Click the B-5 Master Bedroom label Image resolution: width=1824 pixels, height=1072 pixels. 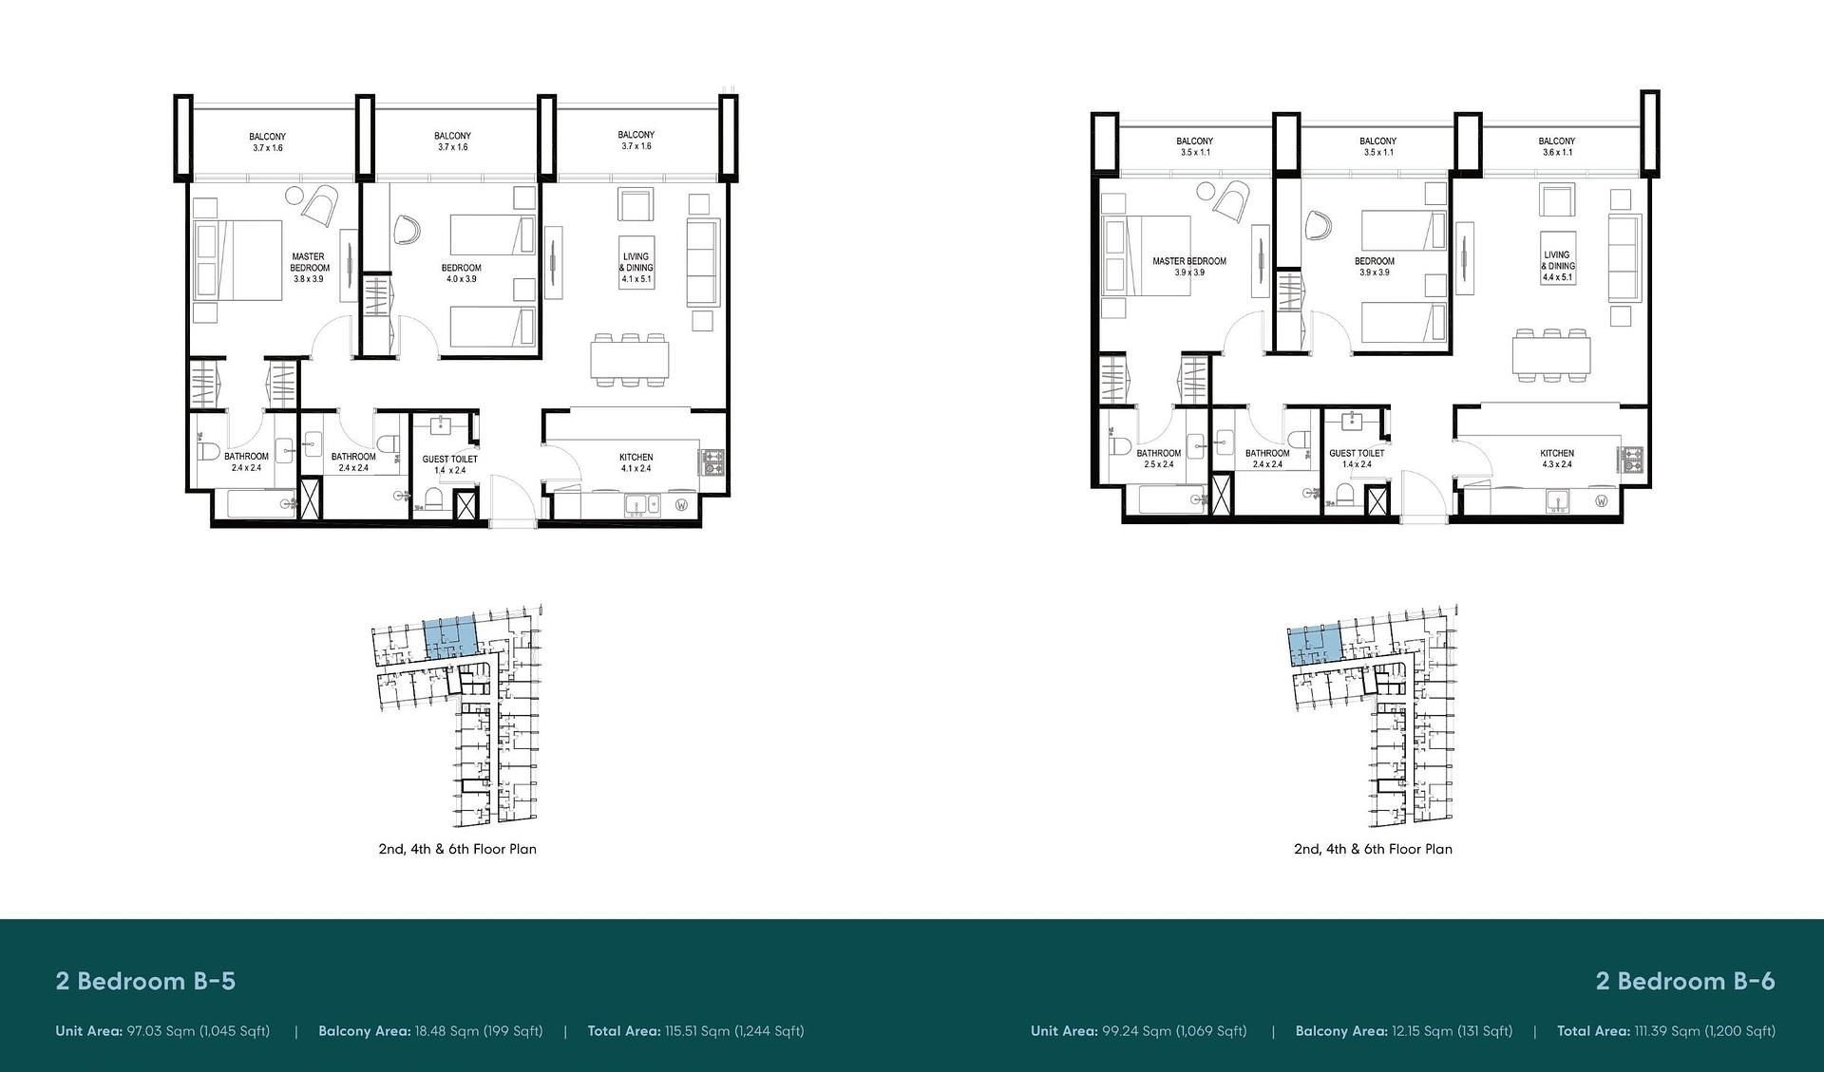(x=310, y=268)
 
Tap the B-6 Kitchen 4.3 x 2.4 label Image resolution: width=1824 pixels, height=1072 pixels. (x=1557, y=459)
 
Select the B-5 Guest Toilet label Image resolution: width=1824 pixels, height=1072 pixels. (x=450, y=464)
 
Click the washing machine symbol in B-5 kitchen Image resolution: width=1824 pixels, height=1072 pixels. (x=681, y=504)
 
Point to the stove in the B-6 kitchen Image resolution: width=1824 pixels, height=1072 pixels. (x=1633, y=460)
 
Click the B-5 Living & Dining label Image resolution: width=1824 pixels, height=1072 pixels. (x=636, y=268)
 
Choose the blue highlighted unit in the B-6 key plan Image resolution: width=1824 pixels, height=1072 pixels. (x=1314, y=646)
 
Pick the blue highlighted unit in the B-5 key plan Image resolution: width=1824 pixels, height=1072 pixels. (x=448, y=635)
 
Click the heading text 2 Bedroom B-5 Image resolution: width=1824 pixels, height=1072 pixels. (x=145, y=981)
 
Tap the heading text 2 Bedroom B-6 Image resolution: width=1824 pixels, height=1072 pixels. (x=1685, y=981)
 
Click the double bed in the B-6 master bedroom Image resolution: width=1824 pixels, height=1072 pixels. (x=1146, y=255)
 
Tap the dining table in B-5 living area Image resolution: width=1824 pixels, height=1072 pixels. (x=629, y=360)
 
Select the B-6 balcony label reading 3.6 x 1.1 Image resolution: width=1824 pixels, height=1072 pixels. (x=1557, y=152)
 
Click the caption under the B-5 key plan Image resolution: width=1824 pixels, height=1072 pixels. (x=458, y=849)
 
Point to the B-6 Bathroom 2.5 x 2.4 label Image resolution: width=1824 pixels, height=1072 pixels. (x=1159, y=459)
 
